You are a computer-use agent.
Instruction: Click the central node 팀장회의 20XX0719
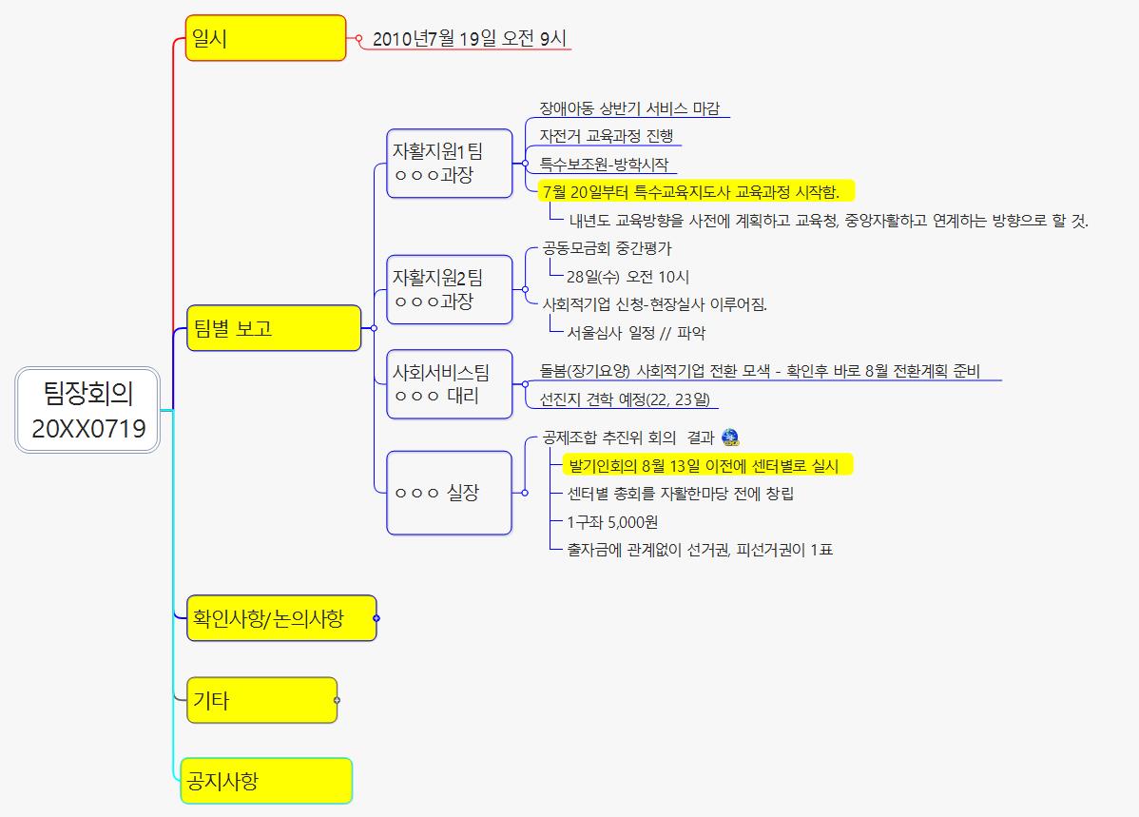pos(88,410)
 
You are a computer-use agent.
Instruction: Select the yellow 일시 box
pos(265,38)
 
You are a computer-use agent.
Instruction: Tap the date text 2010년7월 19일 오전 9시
pos(470,39)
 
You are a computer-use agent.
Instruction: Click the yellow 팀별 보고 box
pos(274,328)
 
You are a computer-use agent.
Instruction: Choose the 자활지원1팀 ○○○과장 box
pos(449,163)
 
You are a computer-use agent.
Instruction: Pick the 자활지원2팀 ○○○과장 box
pos(449,289)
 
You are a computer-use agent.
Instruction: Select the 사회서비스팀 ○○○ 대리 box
pos(449,383)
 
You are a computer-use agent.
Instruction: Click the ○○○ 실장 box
pos(449,493)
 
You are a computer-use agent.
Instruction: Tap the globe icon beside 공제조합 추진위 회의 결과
pos(730,438)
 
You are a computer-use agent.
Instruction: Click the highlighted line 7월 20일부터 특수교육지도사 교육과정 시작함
pos(690,192)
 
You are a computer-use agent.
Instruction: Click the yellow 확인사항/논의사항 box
pos(280,618)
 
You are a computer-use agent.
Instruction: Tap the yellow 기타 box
pos(261,700)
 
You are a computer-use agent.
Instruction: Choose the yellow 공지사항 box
pos(266,781)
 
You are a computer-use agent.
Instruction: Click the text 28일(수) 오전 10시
pos(627,277)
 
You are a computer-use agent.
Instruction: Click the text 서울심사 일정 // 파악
pos(636,333)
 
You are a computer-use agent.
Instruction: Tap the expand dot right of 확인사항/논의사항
pos(376,618)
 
